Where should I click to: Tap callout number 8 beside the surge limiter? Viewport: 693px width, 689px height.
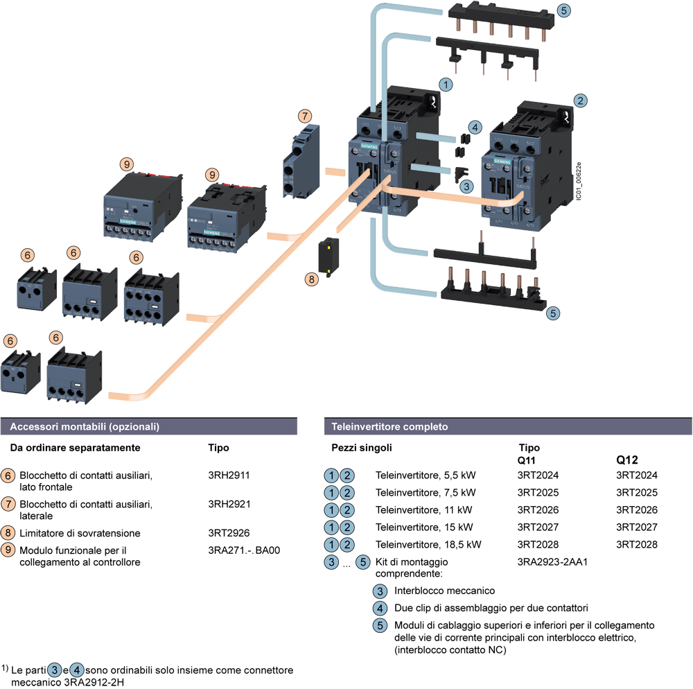pos(313,279)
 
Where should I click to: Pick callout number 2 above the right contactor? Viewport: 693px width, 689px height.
pos(581,100)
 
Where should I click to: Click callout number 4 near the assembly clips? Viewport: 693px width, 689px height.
pos(474,127)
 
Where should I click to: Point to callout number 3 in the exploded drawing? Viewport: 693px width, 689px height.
pos(467,185)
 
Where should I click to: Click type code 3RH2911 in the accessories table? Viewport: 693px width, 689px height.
pos(229,476)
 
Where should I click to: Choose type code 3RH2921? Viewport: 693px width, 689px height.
pos(229,505)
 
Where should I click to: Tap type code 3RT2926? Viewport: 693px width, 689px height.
pos(229,533)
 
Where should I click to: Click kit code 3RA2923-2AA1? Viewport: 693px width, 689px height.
pos(552,561)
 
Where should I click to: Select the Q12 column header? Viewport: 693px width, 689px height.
pos(627,460)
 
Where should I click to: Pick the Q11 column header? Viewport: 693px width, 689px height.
pos(529,460)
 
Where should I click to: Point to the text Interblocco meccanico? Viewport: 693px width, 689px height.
pos(444,591)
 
